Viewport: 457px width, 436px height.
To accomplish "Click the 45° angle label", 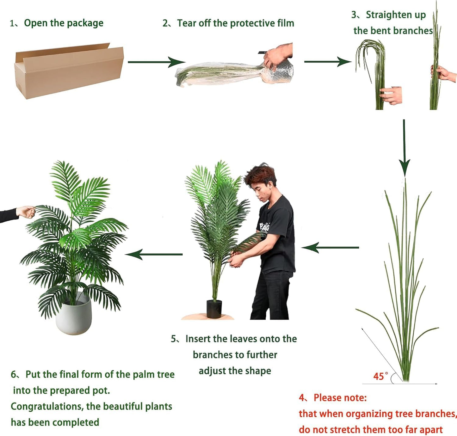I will point(380,376).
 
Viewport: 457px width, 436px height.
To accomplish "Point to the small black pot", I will point(214,309).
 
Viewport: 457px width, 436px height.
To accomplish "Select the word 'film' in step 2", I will point(286,23).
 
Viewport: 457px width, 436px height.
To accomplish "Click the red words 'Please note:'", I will point(340,397).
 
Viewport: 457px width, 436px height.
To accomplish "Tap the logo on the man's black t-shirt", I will point(264,227).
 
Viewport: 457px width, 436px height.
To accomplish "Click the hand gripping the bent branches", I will point(391,95).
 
